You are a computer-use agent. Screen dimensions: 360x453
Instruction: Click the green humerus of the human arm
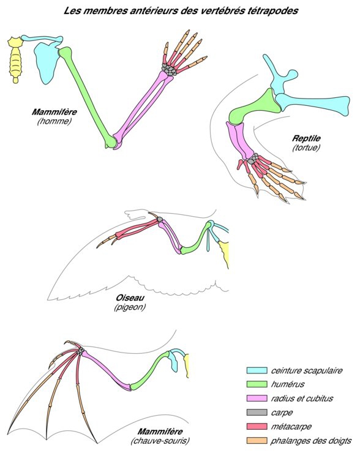pyautogui.click(x=87, y=95)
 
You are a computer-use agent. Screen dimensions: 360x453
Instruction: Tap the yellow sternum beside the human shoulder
pyautogui.click(x=15, y=59)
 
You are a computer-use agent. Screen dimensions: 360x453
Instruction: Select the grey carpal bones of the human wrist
pyautogui.click(x=169, y=70)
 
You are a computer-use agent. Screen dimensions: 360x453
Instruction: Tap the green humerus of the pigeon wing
pyautogui.click(x=197, y=239)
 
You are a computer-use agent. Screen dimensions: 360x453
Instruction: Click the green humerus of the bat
pyautogui.click(x=149, y=371)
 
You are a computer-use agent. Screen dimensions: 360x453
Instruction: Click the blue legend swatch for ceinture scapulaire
pyautogui.click(x=257, y=370)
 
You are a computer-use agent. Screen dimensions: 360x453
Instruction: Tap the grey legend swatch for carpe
pyautogui.click(x=257, y=412)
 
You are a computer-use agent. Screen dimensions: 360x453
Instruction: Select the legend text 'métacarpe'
pyautogui.click(x=291, y=427)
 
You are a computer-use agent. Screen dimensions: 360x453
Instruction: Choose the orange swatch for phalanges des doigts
pyautogui.click(x=257, y=441)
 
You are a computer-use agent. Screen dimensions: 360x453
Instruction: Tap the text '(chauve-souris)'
pyautogui.click(x=160, y=441)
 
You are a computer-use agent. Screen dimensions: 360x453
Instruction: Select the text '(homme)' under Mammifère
pyautogui.click(x=54, y=121)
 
